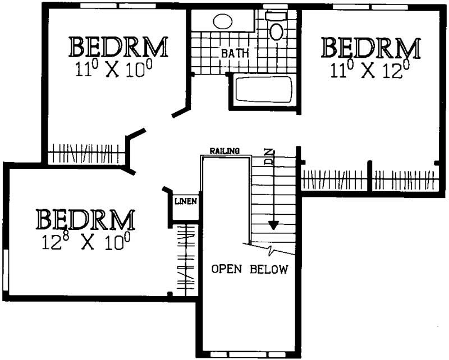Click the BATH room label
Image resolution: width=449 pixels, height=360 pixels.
[235, 54]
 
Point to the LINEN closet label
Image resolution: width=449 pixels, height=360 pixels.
[186, 201]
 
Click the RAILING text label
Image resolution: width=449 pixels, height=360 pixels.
[224, 151]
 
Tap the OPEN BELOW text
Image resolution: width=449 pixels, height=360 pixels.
[249, 269]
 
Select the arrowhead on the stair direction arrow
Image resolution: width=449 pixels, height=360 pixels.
[273, 225]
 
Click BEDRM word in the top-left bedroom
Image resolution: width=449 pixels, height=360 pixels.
[118, 47]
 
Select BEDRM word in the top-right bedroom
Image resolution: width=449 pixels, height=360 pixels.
[370, 48]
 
